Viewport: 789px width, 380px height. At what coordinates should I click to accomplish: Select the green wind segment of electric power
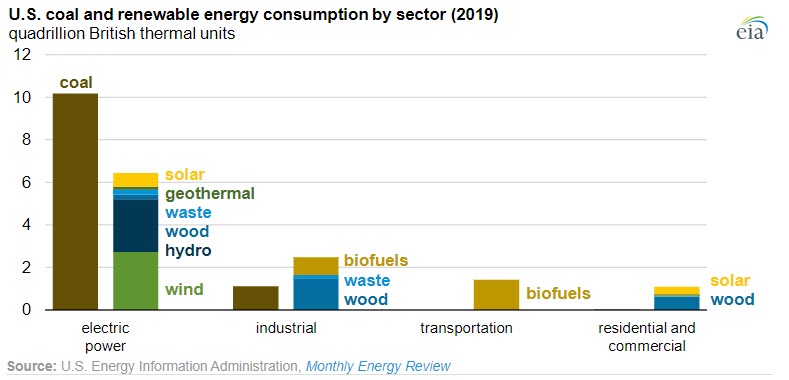(x=136, y=281)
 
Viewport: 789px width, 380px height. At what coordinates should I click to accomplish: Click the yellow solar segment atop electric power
(x=136, y=180)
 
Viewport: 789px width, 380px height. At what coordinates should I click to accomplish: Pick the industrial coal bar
(x=255, y=298)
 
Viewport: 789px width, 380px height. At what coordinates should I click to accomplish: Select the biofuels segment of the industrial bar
(x=316, y=266)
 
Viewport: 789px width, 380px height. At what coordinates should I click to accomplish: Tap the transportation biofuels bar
(x=496, y=295)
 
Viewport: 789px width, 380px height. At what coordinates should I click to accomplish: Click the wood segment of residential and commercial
(x=677, y=303)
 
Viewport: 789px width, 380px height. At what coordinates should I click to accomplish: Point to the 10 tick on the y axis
(x=26, y=98)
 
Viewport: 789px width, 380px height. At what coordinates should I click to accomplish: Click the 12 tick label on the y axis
(x=26, y=55)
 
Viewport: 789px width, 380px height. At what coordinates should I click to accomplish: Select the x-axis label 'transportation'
(x=466, y=328)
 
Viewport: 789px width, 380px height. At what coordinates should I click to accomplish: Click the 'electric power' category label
(x=105, y=336)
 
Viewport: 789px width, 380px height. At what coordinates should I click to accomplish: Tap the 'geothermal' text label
(x=210, y=193)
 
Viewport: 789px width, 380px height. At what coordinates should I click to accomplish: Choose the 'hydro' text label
(x=188, y=250)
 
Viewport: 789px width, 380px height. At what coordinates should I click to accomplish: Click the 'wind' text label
(x=185, y=290)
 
